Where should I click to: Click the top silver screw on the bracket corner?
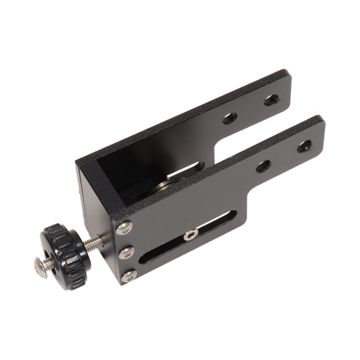click(124, 227)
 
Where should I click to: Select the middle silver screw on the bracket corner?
click(126, 252)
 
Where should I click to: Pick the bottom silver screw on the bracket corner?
click(128, 276)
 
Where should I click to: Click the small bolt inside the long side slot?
click(191, 235)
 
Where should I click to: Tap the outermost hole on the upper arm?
click(271, 100)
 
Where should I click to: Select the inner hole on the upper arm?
click(229, 118)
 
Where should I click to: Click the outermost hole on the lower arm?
click(304, 146)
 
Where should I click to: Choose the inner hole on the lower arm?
click(263, 166)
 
